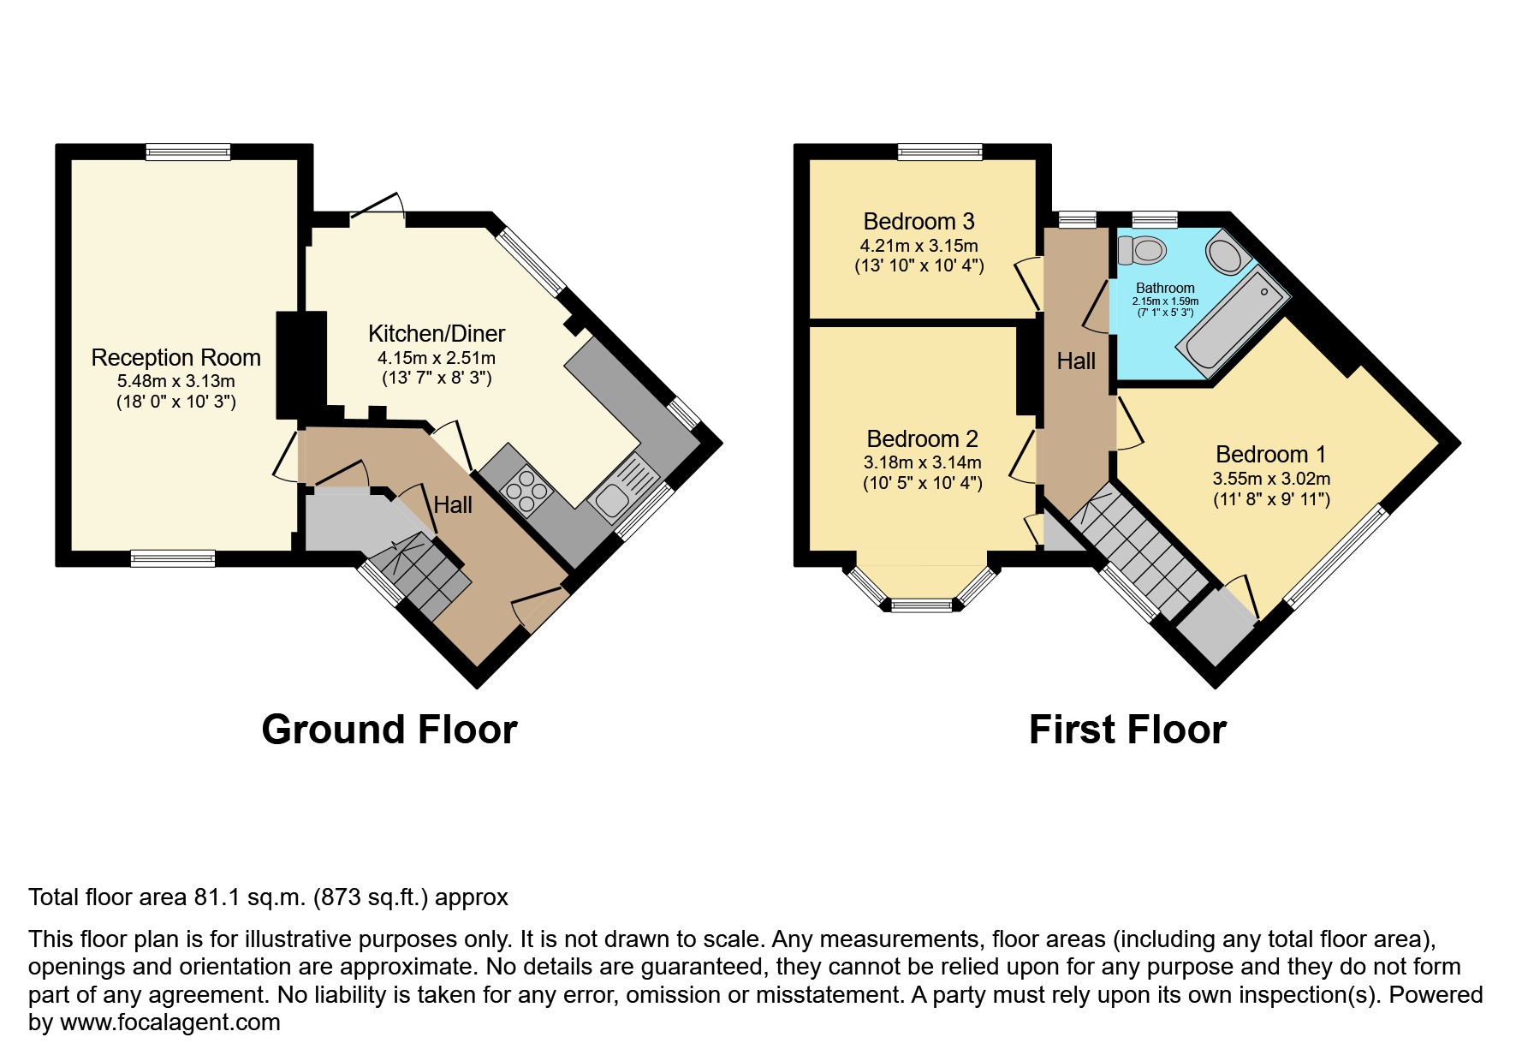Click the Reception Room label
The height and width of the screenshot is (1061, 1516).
[175, 357]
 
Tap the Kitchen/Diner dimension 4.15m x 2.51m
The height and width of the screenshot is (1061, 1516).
[436, 358]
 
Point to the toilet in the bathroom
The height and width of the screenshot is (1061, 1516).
[1142, 251]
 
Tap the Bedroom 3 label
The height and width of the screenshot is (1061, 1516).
[919, 222]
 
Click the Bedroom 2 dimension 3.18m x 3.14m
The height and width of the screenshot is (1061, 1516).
[922, 462]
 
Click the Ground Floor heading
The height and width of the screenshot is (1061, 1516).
[389, 730]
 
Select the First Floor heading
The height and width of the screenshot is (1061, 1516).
[1127, 730]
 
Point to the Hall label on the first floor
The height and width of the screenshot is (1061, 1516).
[1075, 361]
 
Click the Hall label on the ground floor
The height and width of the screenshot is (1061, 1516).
[452, 505]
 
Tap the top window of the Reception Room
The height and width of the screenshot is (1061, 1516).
[187, 152]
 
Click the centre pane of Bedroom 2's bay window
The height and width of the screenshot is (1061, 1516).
[921, 605]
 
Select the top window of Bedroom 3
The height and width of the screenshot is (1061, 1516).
[939, 152]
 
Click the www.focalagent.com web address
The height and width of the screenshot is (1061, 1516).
[169, 1022]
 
